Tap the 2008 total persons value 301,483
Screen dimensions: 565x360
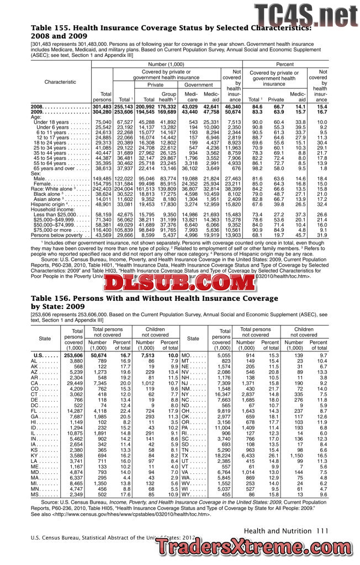coord(102,106)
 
